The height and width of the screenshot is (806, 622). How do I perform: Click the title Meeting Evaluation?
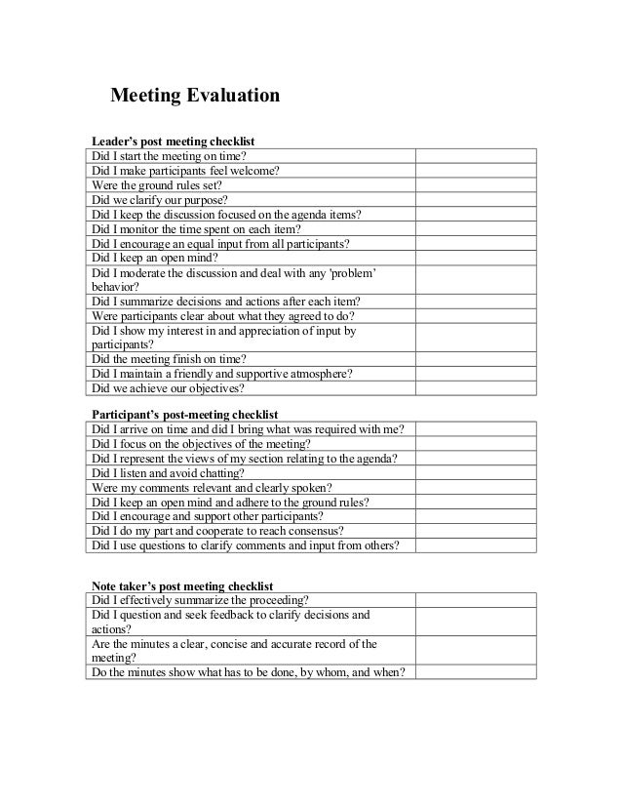[195, 96]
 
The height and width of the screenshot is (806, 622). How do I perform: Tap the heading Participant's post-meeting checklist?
[184, 414]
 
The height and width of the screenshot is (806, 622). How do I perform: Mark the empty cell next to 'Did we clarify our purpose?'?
[476, 199]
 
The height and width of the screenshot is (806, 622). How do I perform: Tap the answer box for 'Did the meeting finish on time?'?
[476, 358]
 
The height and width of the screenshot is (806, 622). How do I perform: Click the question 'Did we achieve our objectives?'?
[168, 387]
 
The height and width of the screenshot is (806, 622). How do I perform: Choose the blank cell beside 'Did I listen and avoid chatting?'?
[476, 472]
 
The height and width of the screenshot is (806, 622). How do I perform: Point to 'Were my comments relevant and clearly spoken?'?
[212, 487]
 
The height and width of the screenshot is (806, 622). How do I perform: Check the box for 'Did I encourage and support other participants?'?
[476, 516]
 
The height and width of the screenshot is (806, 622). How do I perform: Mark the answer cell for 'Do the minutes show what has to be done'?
[476, 672]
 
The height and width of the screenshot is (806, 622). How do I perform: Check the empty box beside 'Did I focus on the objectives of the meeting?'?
[476, 443]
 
